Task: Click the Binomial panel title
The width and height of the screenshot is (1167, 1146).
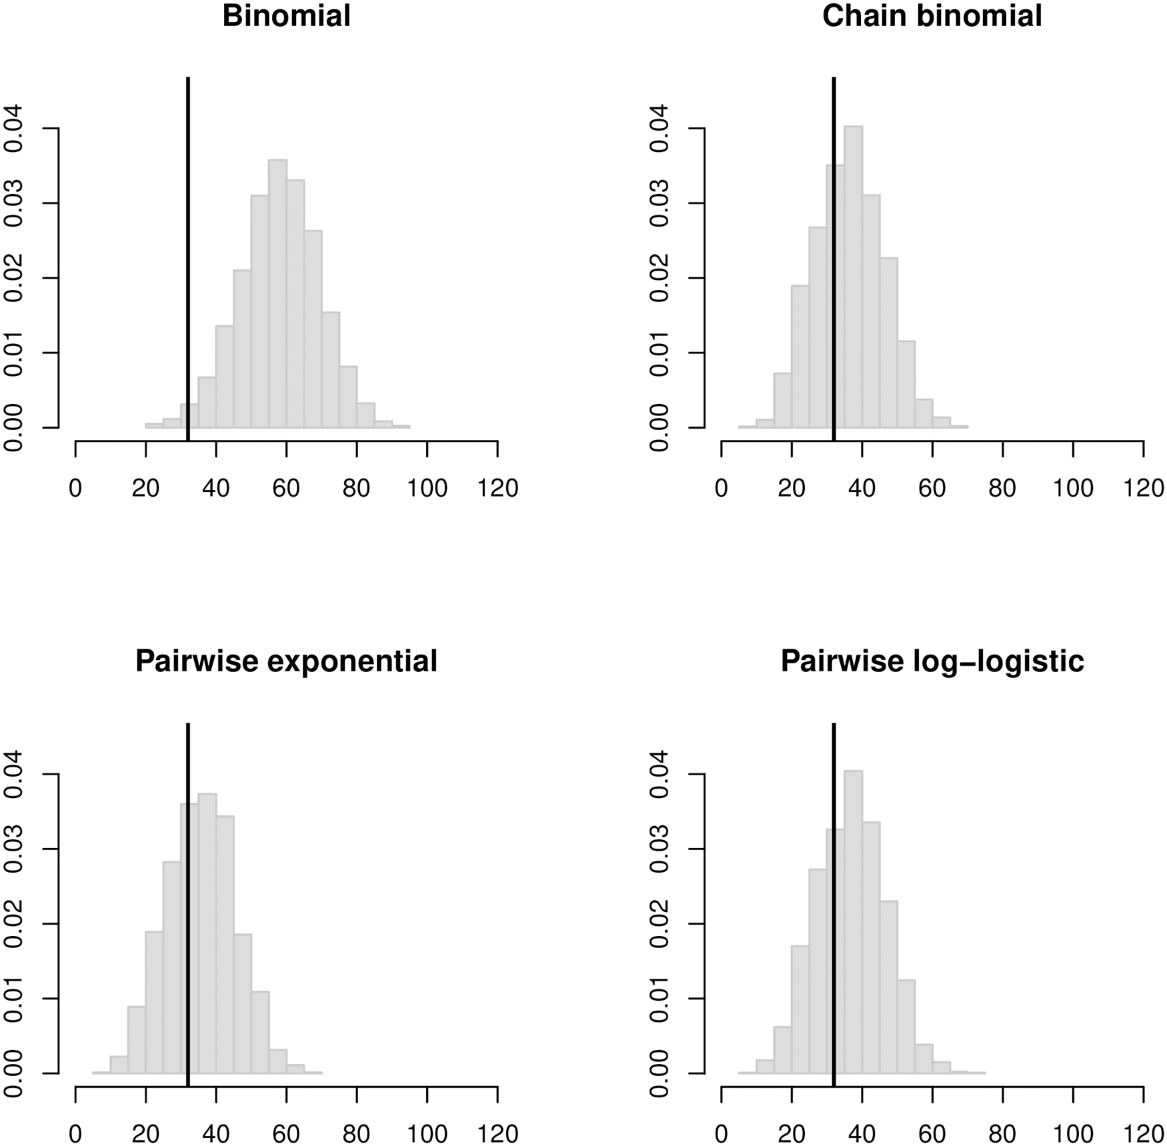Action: point(286,16)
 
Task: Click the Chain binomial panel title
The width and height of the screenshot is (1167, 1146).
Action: point(932,16)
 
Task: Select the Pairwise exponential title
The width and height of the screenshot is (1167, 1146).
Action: point(286,661)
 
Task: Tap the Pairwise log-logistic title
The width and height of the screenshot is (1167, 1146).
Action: point(932,661)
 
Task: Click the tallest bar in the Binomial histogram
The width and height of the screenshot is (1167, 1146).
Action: point(277,300)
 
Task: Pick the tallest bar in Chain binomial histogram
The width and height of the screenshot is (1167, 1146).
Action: point(853,280)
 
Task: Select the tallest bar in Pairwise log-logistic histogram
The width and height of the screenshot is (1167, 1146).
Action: point(853,927)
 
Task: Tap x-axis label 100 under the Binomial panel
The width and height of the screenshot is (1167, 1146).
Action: point(427,489)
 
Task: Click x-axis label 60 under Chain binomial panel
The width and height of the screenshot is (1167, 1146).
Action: point(932,489)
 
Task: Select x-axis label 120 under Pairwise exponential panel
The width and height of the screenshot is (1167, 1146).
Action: point(497,1134)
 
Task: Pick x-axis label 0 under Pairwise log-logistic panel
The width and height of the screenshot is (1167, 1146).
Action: point(721,1134)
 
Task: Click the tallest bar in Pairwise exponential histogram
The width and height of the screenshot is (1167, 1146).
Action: point(207,933)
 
